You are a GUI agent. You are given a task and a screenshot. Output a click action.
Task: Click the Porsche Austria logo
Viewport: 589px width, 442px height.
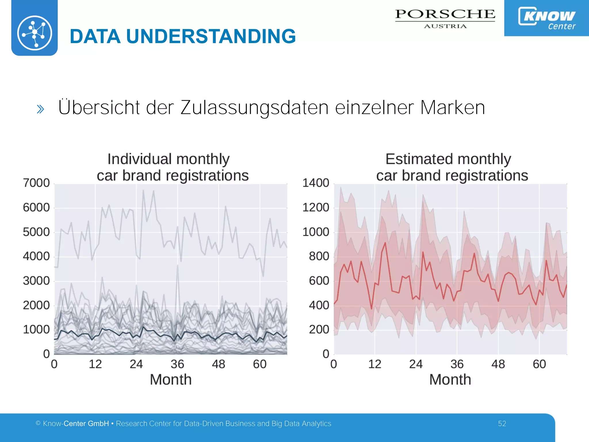click(445, 18)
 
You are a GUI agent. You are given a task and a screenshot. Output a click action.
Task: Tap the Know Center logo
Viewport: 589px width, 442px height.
click(547, 18)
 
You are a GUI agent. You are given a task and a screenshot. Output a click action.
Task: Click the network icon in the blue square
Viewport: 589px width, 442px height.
click(35, 33)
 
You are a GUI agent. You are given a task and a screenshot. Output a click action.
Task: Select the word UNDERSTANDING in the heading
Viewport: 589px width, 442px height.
click(211, 37)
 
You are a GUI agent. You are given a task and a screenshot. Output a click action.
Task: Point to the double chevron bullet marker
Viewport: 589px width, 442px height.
click(41, 109)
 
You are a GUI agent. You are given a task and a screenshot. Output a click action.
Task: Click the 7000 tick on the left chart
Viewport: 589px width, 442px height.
click(36, 183)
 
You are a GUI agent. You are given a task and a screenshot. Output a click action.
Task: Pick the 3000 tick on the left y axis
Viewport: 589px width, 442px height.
click(36, 281)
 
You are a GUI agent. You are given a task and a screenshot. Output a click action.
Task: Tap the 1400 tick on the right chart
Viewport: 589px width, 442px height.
click(315, 183)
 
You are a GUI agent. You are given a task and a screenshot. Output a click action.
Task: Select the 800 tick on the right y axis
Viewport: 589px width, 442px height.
click(319, 256)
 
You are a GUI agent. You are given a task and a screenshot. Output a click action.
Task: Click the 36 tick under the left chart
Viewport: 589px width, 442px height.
click(177, 364)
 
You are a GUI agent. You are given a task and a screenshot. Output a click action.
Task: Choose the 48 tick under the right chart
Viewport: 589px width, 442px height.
click(498, 364)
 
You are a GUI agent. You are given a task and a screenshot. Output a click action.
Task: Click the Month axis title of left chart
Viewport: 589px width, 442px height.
click(171, 380)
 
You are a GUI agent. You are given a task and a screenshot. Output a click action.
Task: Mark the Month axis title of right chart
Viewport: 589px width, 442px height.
click(450, 380)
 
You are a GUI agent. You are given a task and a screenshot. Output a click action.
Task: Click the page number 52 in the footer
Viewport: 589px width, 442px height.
click(502, 424)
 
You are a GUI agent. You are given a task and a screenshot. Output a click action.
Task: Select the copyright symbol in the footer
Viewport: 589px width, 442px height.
click(38, 423)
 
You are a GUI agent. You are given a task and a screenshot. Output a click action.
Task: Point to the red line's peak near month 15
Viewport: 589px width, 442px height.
click(385, 243)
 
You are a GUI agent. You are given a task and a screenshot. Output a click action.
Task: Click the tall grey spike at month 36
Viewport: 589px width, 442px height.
click(178, 265)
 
